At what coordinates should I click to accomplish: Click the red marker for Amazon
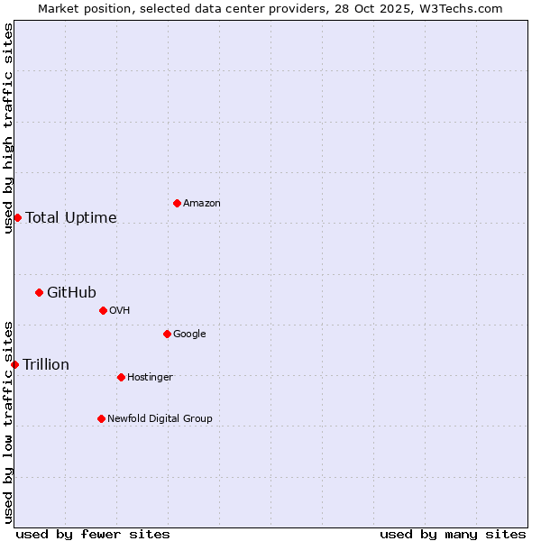(177, 203)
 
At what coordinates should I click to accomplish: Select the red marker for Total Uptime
(17, 217)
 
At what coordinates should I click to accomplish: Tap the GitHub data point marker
(39, 292)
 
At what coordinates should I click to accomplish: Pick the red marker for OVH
(103, 310)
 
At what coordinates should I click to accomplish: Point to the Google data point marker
(167, 334)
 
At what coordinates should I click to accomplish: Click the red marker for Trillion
(14, 364)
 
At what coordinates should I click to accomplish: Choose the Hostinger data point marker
(121, 377)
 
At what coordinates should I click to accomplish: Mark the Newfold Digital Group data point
(101, 418)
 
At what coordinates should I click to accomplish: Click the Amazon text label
(202, 203)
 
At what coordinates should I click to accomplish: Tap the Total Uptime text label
(71, 217)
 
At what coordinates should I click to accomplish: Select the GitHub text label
(71, 292)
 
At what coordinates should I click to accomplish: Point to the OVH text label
(120, 310)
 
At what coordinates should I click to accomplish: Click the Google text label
(189, 334)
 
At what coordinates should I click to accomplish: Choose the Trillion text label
(46, 364)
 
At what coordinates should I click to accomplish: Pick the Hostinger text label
(150, 377)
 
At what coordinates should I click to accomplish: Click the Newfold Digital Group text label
(160, 418)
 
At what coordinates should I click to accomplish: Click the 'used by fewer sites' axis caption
(93, 534)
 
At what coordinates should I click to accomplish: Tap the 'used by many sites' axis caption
(453, 534)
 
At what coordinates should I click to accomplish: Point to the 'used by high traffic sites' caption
(8, 128)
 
